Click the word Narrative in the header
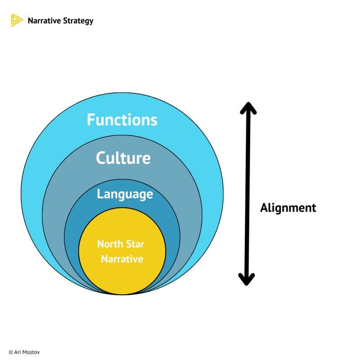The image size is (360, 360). [44, 21]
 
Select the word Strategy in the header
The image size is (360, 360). [78, 21]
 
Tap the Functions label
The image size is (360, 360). [122, 120]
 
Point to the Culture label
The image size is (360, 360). [123, 158]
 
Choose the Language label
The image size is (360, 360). [125, 194]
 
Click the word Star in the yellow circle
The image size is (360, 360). [135, 244]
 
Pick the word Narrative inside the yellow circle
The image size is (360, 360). [122, 259]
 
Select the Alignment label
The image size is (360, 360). [288, 208]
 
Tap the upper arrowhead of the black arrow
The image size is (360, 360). [247, 108]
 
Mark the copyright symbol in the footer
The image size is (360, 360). [10, 352]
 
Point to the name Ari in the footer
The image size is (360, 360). [18, 352]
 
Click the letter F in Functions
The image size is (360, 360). [91, 120]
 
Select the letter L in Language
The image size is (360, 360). [100, 194]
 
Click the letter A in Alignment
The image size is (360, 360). [265, 208]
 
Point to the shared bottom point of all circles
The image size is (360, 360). [122, 294]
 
